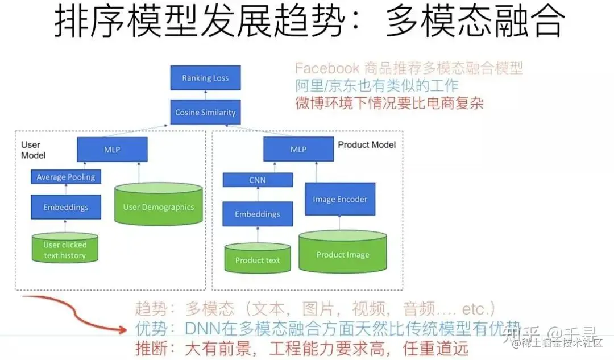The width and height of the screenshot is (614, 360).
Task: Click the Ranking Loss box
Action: [205, 78]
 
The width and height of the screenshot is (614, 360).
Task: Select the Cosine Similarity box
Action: [205, 112]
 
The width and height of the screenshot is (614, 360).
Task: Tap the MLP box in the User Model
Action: [112, 149]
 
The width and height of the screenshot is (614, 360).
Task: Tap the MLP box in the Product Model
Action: [298, 149]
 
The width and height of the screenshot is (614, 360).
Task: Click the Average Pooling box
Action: [65, 177]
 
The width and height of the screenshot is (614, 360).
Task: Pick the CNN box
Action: [258, 180]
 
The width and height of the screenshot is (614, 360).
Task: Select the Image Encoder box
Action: [340, 199]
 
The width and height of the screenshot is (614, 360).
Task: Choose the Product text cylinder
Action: [258, 259]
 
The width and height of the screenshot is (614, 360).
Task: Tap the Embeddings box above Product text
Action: [258, 214]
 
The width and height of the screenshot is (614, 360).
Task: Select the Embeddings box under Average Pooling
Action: [65, 207]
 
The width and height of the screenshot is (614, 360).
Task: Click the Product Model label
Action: [367, 144]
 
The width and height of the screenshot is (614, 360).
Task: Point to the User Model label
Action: [33, 150]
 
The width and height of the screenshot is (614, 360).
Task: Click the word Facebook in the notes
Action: [327, 69]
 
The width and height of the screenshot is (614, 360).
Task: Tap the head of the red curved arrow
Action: [123, 329]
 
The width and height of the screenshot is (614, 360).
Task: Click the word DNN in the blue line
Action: [199, 329]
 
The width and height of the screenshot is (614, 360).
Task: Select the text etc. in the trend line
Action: [476, 310]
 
